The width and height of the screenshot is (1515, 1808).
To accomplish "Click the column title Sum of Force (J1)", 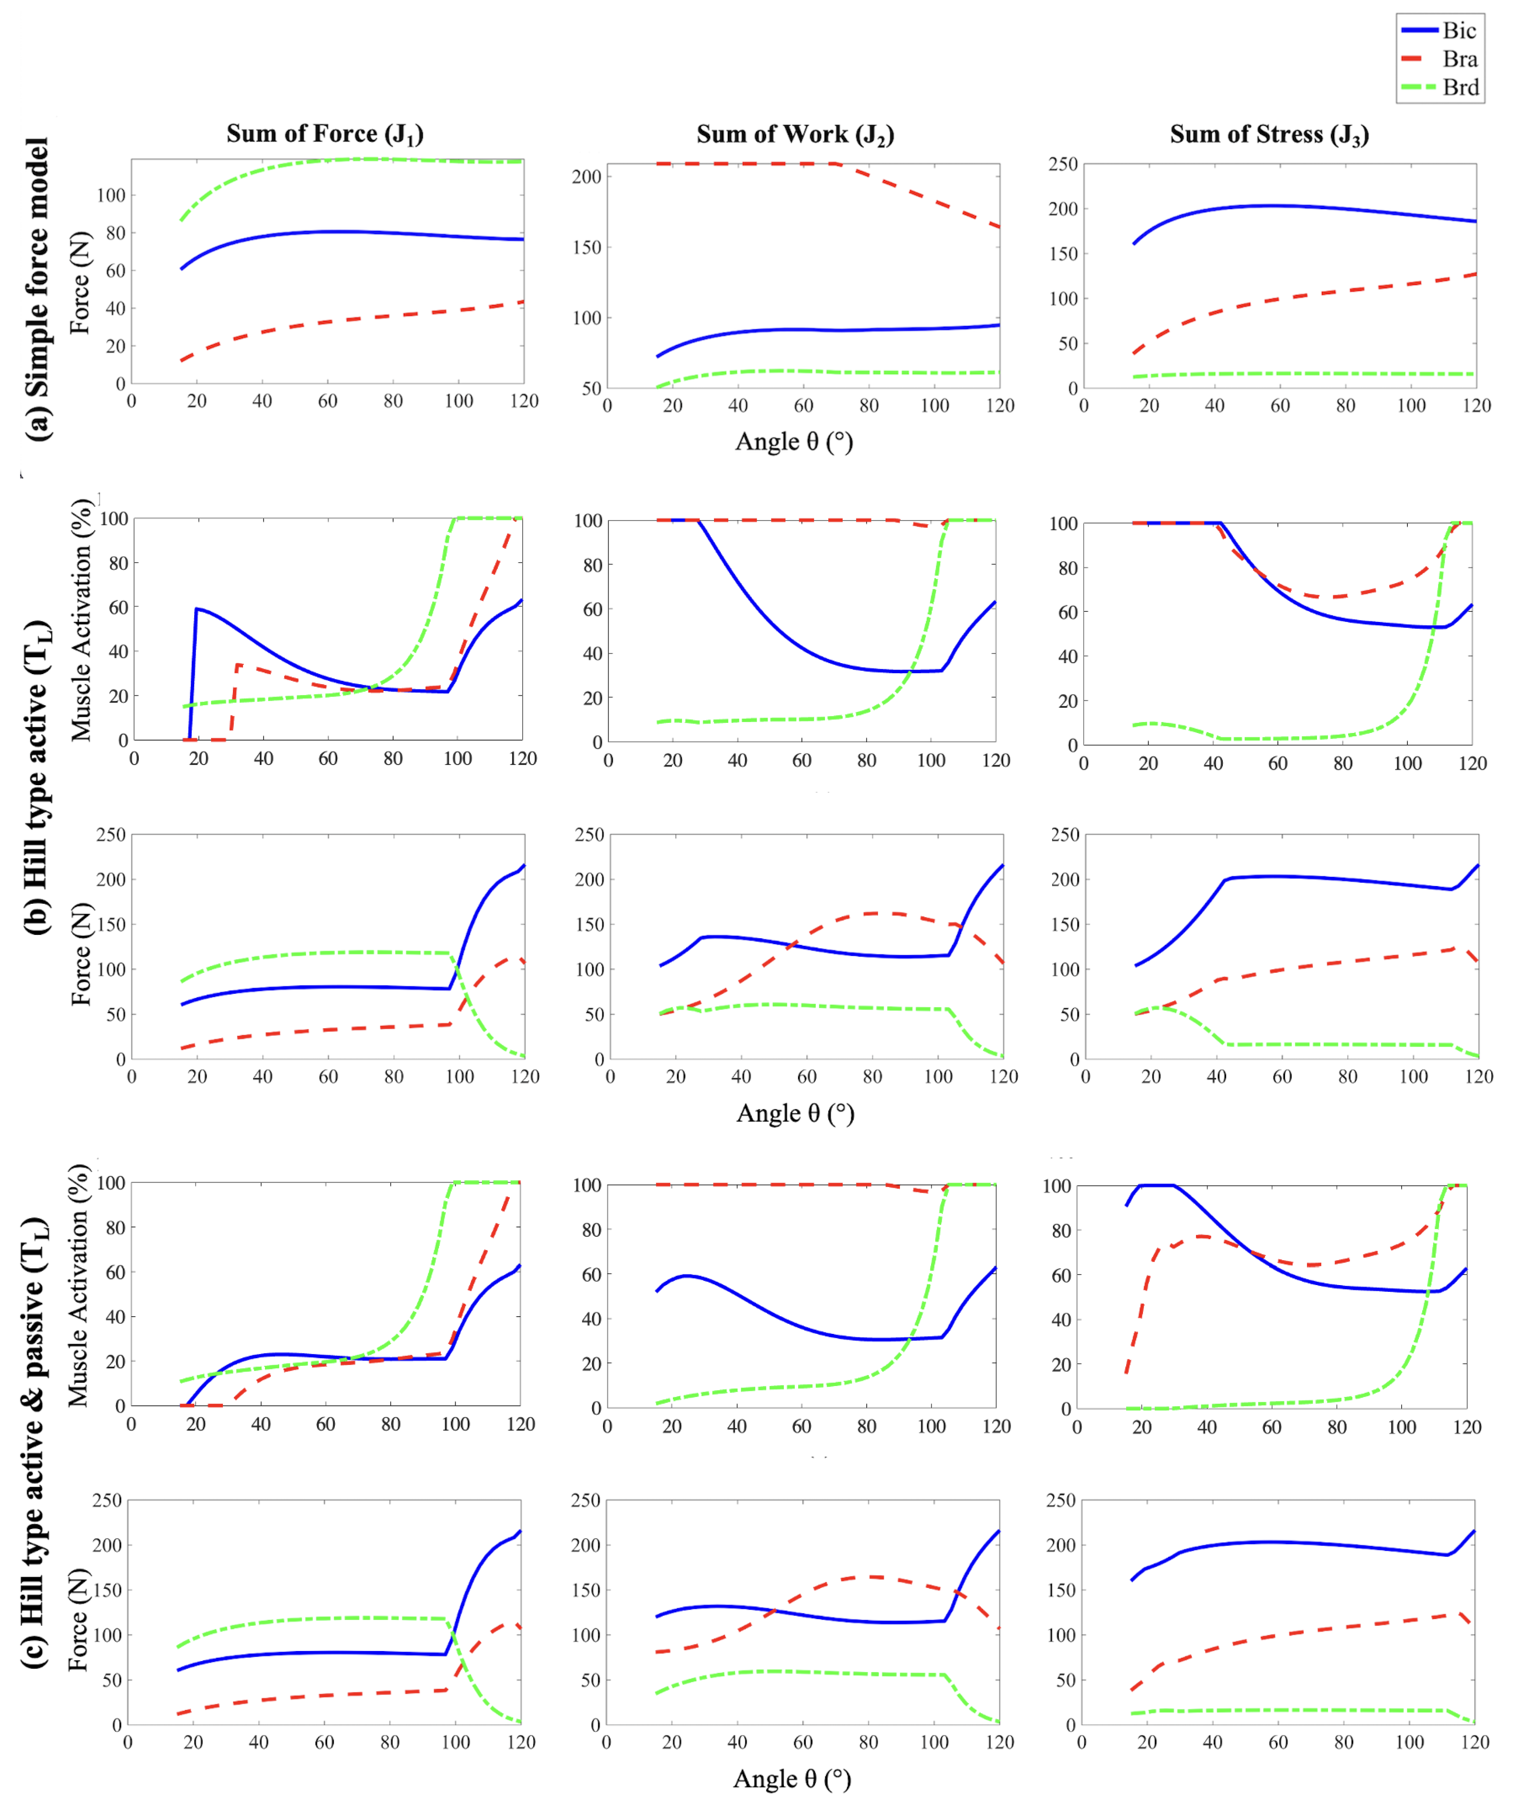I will (x=325, y=134).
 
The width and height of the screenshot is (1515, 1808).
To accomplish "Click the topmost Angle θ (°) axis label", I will (x=794, y=443).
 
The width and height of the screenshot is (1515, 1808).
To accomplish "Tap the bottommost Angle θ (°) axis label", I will (x=792, y=1779).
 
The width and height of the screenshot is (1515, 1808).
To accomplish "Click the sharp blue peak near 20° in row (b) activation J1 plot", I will (x=197, y=609).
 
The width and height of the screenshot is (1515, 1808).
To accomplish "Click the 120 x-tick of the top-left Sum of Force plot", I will (x=523, y=401).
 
